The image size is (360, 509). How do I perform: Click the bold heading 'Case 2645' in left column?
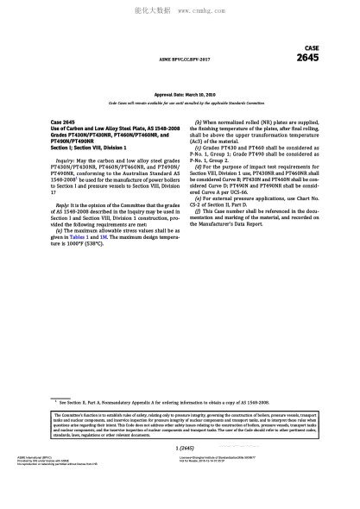(x=66, y=124)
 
